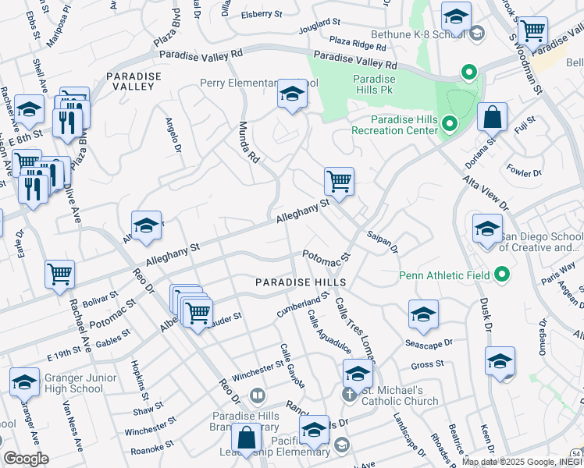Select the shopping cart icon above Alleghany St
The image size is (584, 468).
click(339, 182)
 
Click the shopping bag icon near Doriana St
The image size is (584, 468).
click(492, 118)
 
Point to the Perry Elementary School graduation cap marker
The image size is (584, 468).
click(292, 95)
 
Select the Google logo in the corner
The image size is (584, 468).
click(26, 459)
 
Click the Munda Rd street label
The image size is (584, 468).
click(248, 141)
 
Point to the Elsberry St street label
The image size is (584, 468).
click(262, 14)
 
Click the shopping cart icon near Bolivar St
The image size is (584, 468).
click(60, 275)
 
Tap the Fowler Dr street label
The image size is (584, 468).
click(524, 172)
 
